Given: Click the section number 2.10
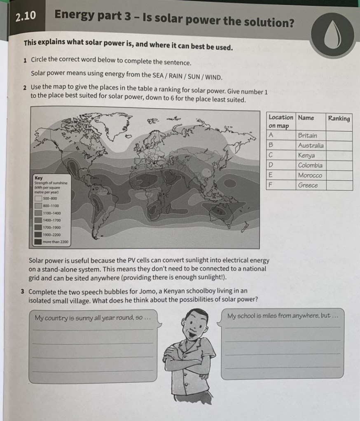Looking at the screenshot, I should click(x=25, y=16).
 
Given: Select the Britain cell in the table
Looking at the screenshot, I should click(x=308, y=135).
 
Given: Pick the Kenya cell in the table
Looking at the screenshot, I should click(x=306, y=156).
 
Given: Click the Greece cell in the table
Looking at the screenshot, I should click(x=308, y=185).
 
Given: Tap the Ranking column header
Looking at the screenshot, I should click(x=339, y=119).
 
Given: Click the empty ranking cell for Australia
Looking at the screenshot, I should click(x=339, y=145).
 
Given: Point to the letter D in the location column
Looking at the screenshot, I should click(x=271, y=165).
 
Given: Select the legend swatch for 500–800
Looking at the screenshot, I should click(x=38, y=198).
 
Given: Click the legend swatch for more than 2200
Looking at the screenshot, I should click(x=38, y=242).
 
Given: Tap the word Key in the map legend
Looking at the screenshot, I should click(x=38, y=178).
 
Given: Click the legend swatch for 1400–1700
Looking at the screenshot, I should click(x=38, y=220).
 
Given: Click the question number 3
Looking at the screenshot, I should click(x=23, y=291).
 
